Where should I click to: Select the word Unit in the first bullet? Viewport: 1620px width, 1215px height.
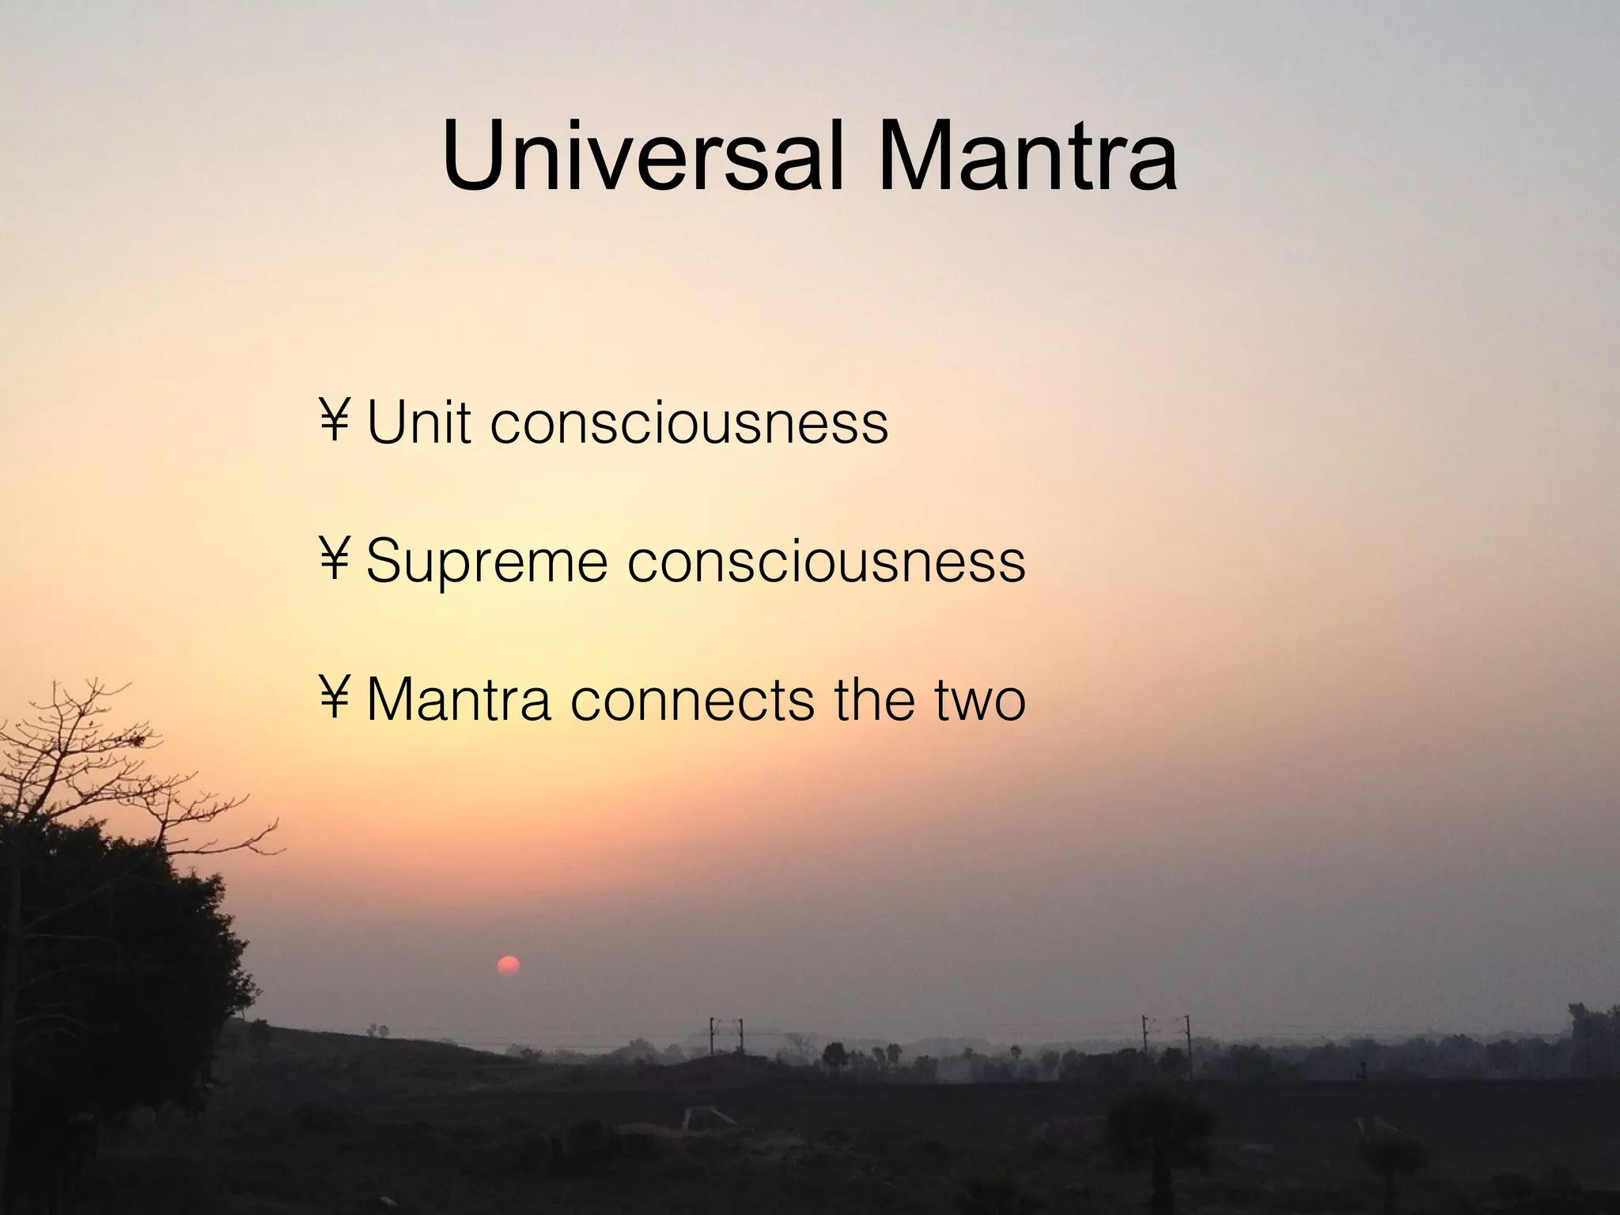coord(419,423)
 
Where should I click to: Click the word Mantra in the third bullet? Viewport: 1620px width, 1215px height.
coord(460,700)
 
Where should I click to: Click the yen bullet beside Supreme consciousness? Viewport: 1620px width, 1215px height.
coord(335,558)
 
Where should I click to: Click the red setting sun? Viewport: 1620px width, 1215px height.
coord(508,966)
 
